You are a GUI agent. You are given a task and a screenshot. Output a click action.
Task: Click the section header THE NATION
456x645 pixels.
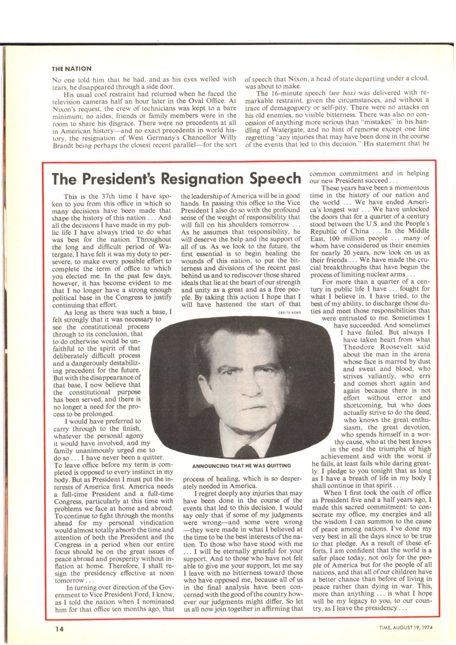tap(72, 69)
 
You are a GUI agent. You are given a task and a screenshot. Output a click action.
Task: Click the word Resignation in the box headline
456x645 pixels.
tap(202, 179)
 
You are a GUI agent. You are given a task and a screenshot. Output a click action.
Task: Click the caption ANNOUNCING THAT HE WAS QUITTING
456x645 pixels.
tap(242, 465)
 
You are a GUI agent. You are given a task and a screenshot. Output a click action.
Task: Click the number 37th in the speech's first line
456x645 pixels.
tap(107, 196)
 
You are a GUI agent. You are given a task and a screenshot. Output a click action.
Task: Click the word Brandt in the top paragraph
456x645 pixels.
tap(63, 146)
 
